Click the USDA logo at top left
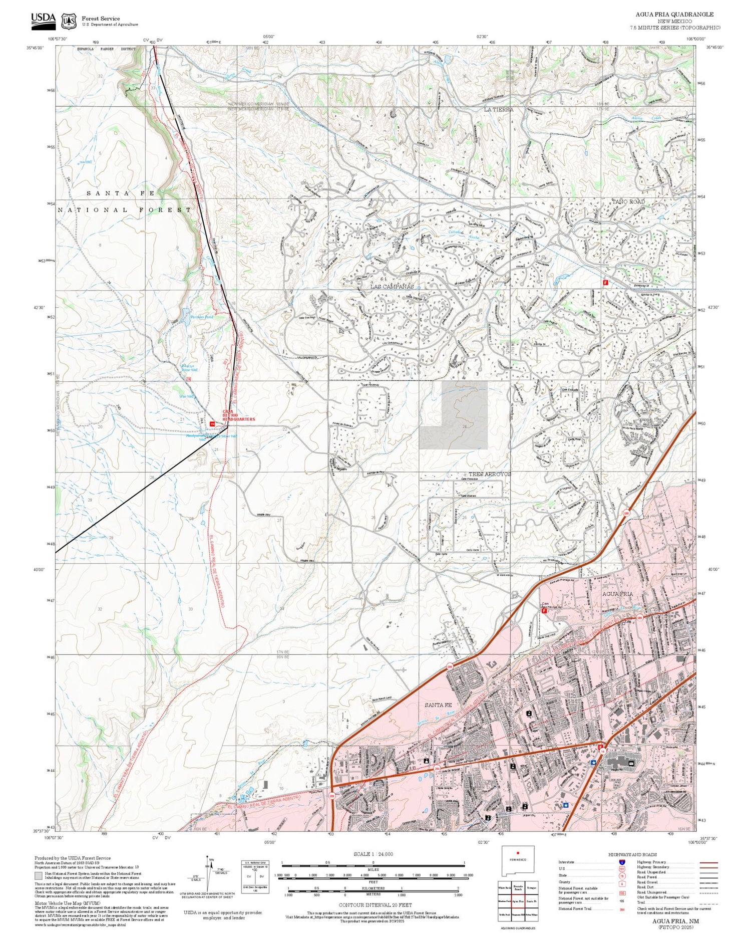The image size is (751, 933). point(43,19)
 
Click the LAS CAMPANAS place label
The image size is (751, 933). point(392,286)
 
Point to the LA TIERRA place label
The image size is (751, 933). point(498,109)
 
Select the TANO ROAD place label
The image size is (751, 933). point(628,201)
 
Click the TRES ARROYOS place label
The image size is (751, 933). point(490,474)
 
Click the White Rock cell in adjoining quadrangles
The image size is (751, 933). point(505,887)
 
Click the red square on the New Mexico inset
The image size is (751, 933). point(518,853)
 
